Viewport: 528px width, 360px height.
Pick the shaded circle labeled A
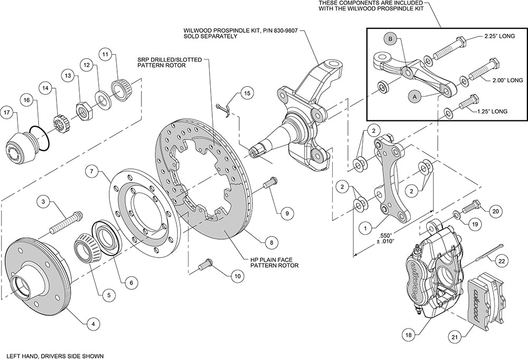coord(415,96)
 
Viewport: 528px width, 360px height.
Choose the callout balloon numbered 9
coord(286,213)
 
